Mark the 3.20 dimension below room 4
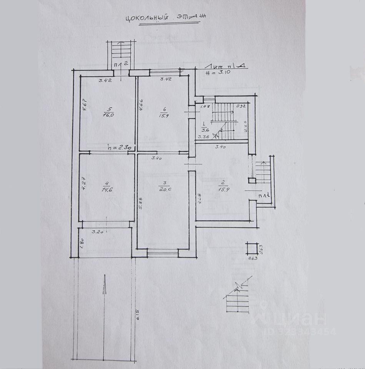click(100, 232)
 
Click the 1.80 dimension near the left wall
click(82, 243)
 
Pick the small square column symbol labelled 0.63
click(252, 248)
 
